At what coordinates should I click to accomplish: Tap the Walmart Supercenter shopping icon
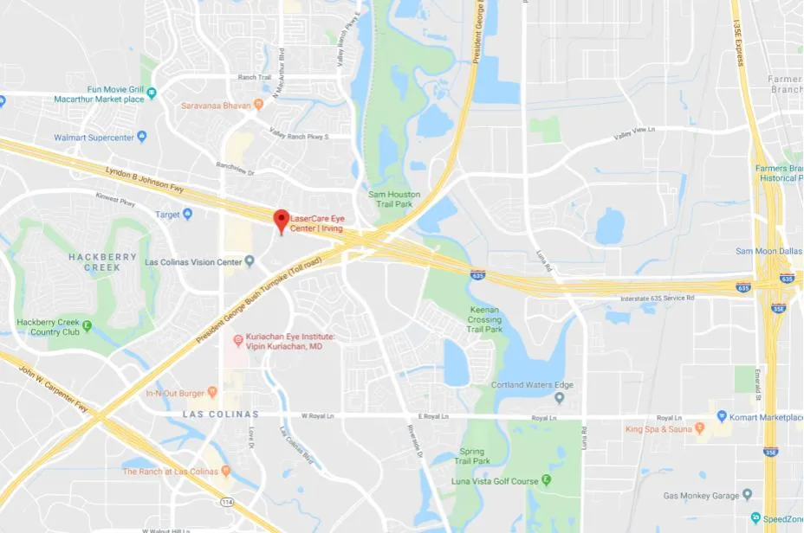tap(142, 137)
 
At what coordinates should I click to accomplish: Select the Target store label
tap(167, 214)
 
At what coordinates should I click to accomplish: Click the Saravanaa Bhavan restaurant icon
tap(258, 106)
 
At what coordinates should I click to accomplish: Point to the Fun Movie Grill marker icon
tap(152, 93)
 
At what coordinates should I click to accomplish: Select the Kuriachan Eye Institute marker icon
tap(238, 340)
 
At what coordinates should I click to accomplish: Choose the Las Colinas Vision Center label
tap(193, 261)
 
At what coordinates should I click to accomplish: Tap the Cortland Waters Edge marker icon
tap(559, 398)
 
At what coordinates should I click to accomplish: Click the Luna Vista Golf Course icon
tap(547, 480)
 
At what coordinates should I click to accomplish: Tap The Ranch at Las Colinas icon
tap(226, 471)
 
